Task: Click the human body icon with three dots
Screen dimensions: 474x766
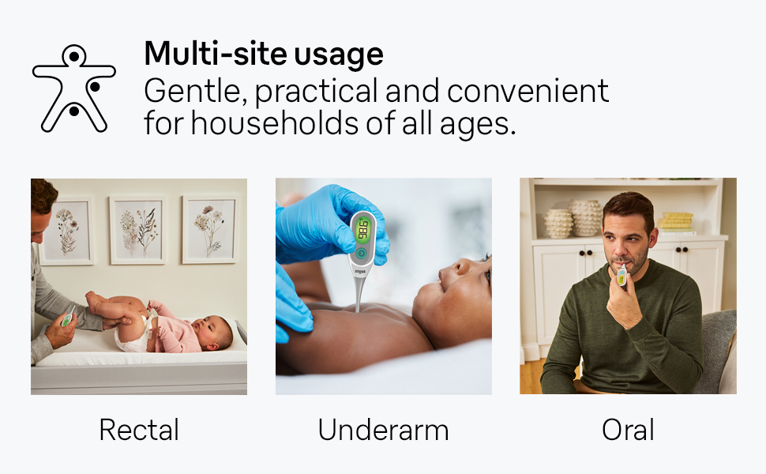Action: tap(73, 88)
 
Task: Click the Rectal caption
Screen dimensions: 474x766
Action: tap(139, 431)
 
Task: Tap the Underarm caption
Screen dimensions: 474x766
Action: tap(383, 431)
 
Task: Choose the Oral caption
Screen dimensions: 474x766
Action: tap(628, 431)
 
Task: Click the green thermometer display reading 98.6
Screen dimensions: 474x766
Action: tap(363, 230)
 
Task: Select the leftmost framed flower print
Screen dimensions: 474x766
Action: tap(66, 229)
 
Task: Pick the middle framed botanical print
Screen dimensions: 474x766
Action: tap(137, 229)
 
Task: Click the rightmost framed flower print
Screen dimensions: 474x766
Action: tap(210, 229)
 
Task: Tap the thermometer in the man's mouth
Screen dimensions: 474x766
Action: tap(621, 273)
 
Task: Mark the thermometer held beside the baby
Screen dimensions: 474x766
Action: tap(67, 318)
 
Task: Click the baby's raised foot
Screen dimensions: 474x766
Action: tap(93, 300)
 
